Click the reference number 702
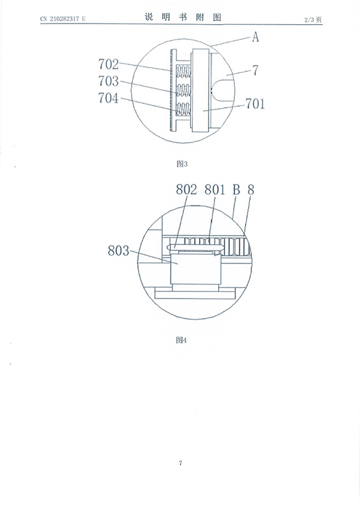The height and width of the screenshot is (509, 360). tap(109, 64)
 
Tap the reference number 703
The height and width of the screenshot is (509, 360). tap(109, 81)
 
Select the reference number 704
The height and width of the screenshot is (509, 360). tap(109, 98)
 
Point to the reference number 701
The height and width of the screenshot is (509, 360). tap(255, 104)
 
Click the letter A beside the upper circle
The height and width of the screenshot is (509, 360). tap(256, 37)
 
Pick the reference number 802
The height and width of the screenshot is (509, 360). tap(186, 190)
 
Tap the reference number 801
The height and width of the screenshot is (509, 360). tap(214, 190)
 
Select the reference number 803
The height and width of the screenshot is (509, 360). tap(118, 251)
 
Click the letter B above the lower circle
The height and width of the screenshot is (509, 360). tap(236, 190)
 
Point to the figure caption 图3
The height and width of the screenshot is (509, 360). tap(182, 164)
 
